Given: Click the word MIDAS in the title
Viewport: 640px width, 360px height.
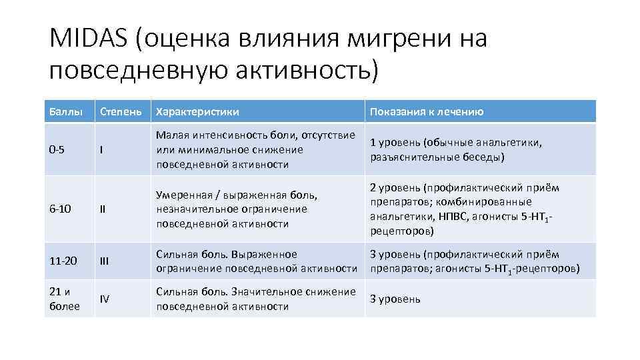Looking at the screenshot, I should tap(89, 39).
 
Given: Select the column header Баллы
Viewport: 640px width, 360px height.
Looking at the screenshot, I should tap(63, 112).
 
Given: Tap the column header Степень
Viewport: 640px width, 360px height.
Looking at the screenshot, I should tap(120, 112).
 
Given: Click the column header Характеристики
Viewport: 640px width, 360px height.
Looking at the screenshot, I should tap(197, 112).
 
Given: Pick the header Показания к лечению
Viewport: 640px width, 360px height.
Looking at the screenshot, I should tap(427, 112).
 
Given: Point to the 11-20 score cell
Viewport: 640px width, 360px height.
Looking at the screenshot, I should tap(63, 261).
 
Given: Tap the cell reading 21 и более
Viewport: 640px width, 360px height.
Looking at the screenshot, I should tap(64, 299).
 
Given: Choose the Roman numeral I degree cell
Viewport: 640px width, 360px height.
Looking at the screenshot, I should tap(101, 150).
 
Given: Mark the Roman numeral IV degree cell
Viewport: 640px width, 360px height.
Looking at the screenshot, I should tap(104, 299).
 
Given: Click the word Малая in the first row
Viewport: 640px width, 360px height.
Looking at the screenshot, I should tap(171, 135).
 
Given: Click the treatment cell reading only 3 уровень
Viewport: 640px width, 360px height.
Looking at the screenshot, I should tap(395, 299).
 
